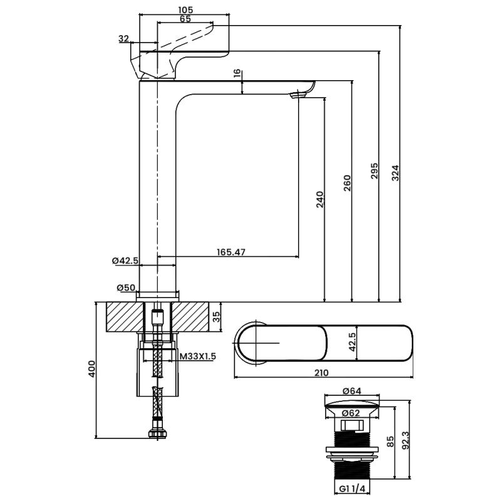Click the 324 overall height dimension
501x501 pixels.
[396, 173]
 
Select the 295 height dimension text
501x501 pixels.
[374, 171]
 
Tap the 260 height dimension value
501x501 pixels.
[348, 183]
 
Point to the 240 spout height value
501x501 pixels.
[320, 200]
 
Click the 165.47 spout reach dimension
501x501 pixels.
[231, 252]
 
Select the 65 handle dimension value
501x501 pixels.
[185, 19]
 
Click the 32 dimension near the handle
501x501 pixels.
[123, 39]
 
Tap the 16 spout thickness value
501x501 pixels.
[237, 73]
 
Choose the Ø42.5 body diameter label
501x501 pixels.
[125, 261]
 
